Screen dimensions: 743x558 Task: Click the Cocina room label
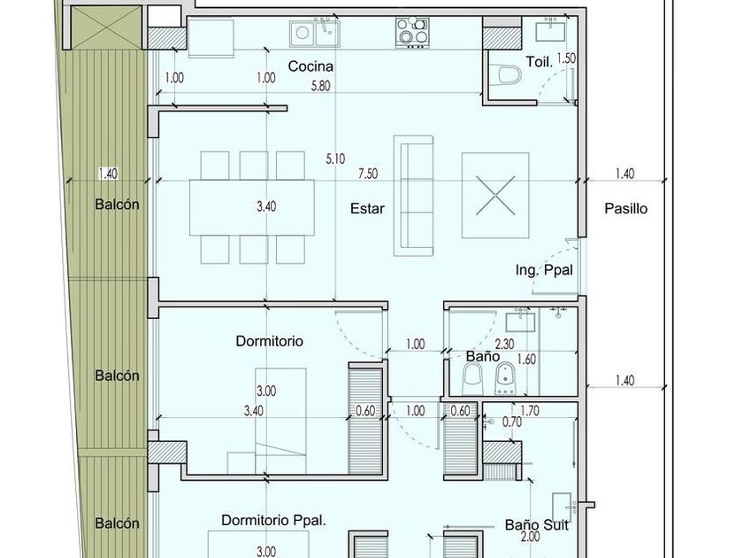[x=310, y=66]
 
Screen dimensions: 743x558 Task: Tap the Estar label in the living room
[x=367, y=208]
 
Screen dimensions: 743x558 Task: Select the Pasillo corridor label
[x=625, y=208]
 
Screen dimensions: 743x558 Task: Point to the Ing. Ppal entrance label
[x=545, y=270]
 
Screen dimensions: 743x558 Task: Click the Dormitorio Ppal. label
[x=274, y=520]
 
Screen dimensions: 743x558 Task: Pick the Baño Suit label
[x=536, y=524]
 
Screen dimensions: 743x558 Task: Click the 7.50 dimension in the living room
[x=368, y=174]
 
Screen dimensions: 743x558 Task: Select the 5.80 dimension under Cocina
[x=320, y=87]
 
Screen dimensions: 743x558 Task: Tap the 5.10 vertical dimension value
[x=335, y=159]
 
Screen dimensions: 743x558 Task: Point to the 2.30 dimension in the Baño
[x=504, y=344]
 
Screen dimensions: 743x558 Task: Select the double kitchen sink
[x=315, y=34]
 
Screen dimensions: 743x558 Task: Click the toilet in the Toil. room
[x=505, y=75]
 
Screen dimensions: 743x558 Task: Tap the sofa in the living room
[x=413, y=196]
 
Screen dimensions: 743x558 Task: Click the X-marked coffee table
[x=495, y=195]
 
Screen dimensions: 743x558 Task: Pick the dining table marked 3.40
[x=251, y=207]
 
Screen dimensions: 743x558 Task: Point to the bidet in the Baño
[x=505, y=378]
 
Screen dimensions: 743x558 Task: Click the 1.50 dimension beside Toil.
[x=566, y=58]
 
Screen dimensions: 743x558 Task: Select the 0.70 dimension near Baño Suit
[x=512, y=422]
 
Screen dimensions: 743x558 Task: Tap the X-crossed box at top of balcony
[x=105, y=27]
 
